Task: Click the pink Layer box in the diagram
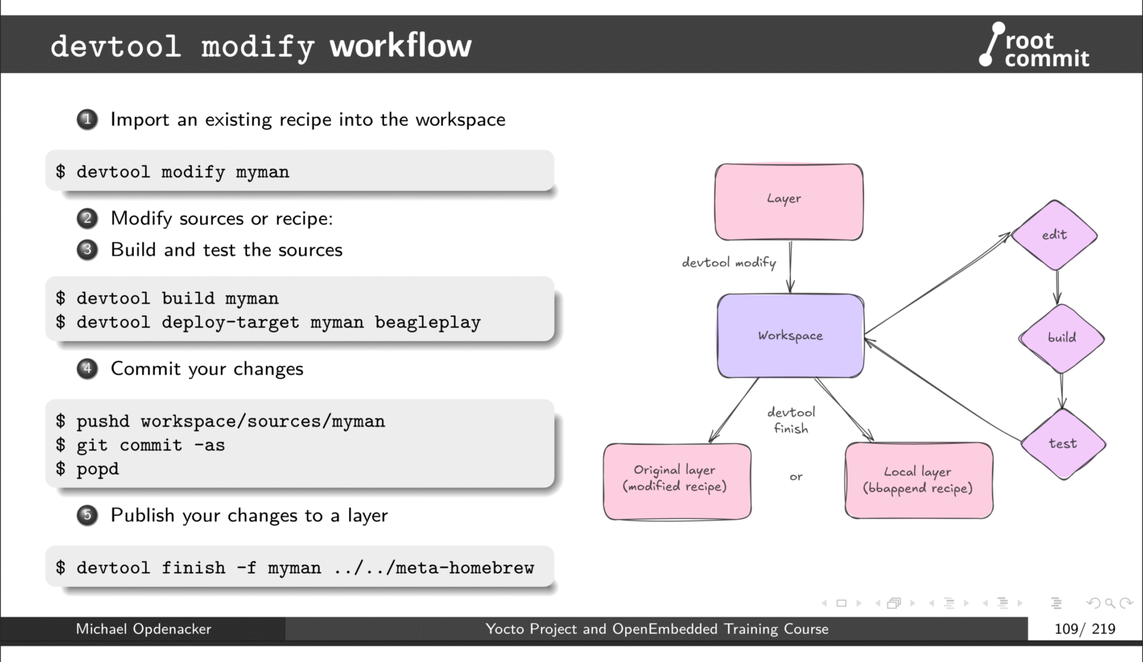click(789, 202)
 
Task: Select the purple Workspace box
click(790, 336)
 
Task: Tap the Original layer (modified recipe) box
click(676, 481)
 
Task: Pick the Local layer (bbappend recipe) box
click(918, 481)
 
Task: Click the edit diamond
click(1054, 235)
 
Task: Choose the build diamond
click(1061, 338)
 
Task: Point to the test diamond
click(1063, 444)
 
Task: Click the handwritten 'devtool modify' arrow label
click(729, 263)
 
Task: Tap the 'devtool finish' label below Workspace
click(791, 420)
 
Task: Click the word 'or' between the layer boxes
click(795, 477)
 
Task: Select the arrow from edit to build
click(1057, 287)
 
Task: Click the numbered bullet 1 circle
click(87, 120)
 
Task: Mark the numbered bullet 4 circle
click(87, 369)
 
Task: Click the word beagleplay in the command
click(427, 323)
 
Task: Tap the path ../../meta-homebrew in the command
click(434, 568)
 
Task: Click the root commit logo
click(1034, 46)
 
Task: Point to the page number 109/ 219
click(1084, 629)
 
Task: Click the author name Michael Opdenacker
click(144, 629)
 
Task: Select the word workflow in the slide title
click(400, 46)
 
